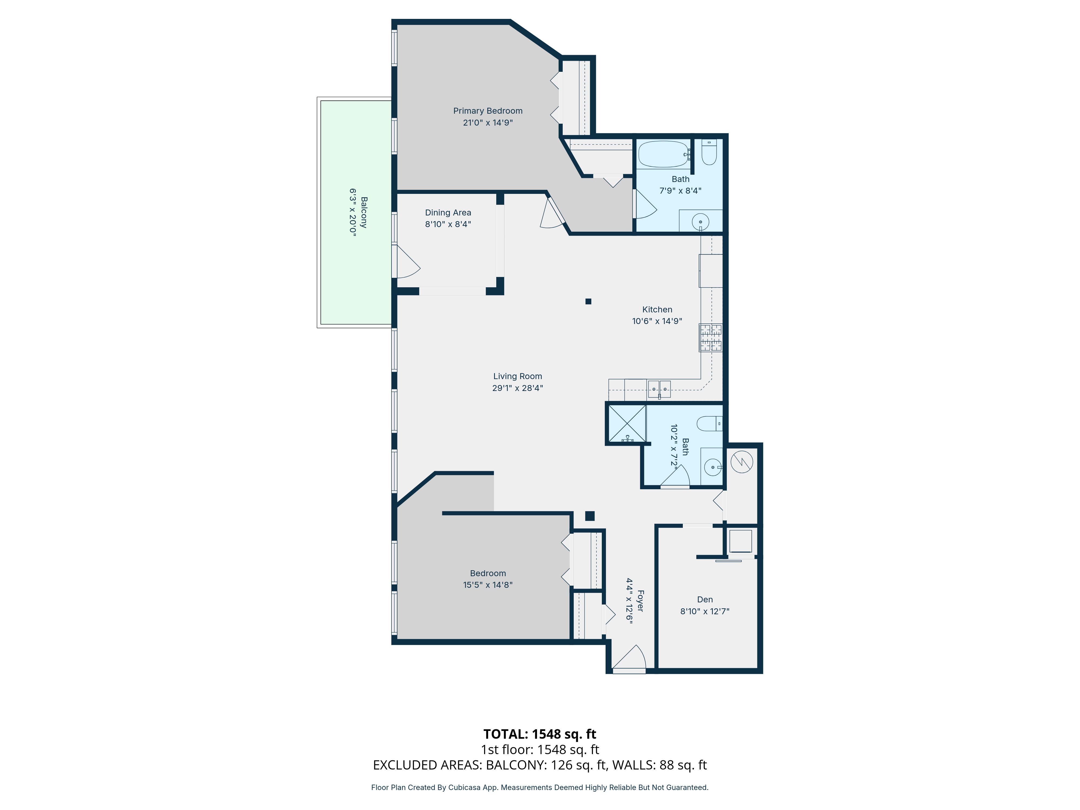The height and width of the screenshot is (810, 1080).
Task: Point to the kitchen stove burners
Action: [x=710, y=338]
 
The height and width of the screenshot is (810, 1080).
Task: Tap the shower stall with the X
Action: [x=627, y=424]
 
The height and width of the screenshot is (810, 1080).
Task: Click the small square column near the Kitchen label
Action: [x=588, y=301]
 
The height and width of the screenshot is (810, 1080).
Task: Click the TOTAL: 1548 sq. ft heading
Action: [x=539, y=734]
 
